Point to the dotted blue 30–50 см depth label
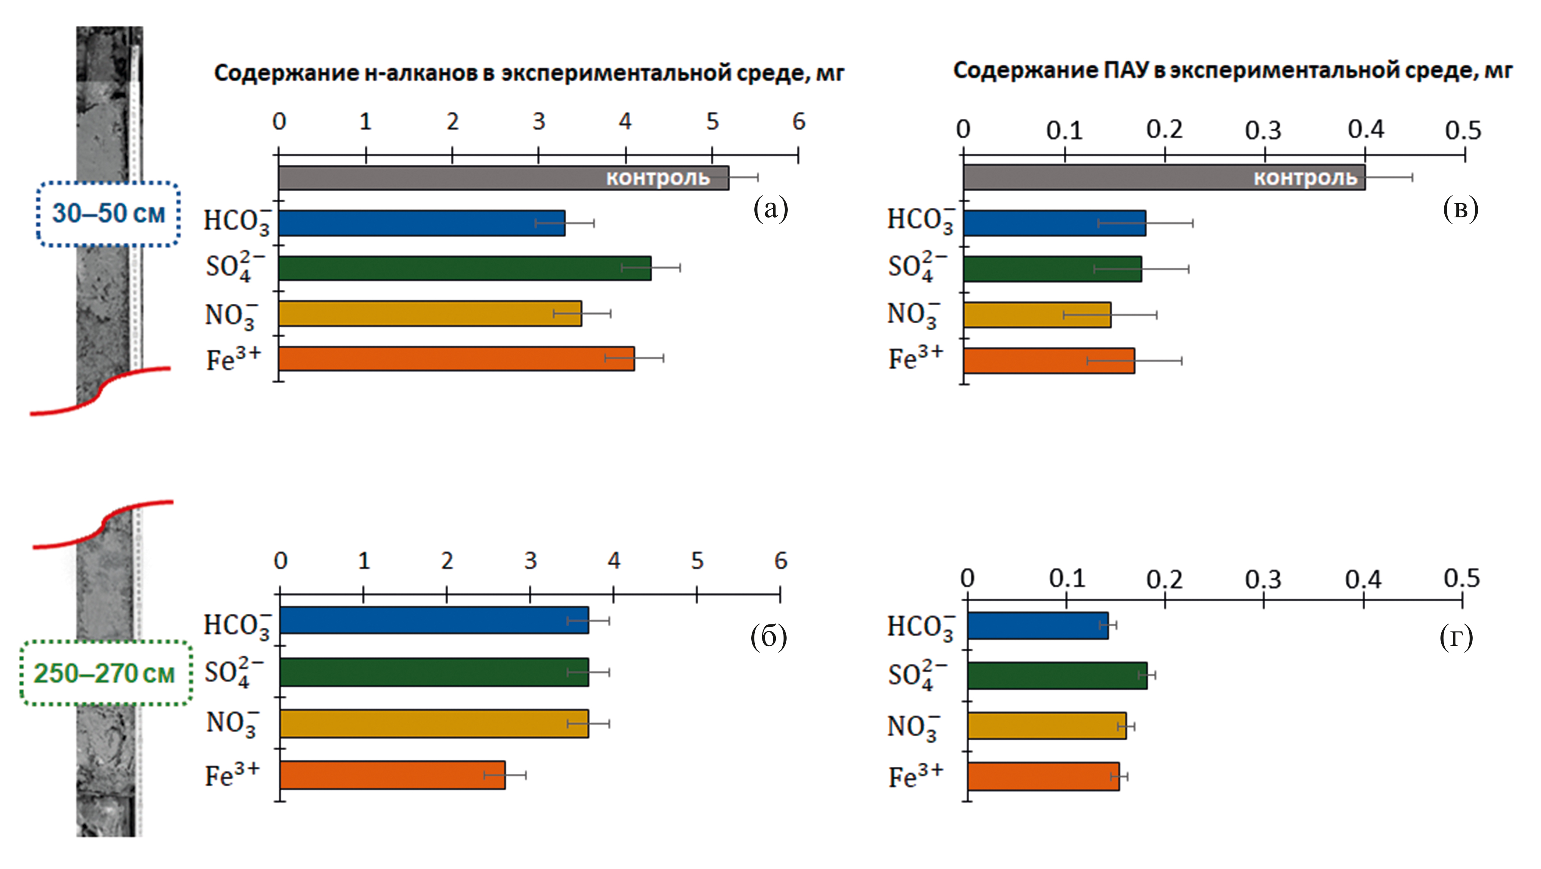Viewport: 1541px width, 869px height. coord(108,214)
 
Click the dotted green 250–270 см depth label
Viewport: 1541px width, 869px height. coord(105,673)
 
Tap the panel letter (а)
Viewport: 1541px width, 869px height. coord(770,209)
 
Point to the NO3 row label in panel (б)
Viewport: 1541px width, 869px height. coord(233,723)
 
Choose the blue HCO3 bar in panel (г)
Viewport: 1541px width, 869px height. coord(1038,626)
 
